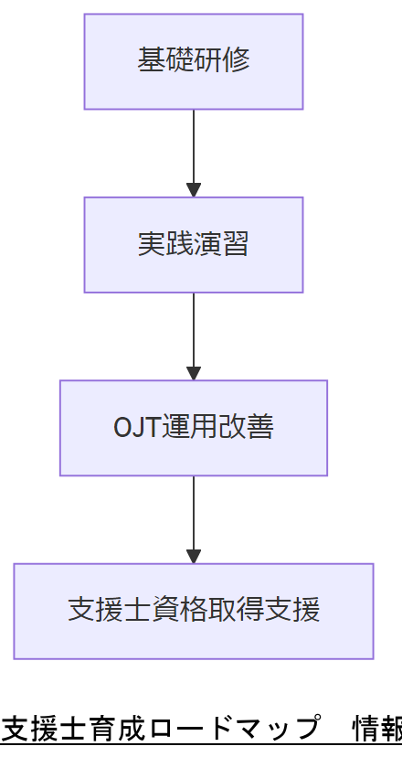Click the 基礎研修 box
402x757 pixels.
coord(194,61)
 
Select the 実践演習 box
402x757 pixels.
coord(194,245)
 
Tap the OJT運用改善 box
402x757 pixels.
coord(194,428)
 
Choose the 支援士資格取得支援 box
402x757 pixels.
coord(194,611)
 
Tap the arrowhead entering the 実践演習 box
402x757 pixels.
coord(194,190)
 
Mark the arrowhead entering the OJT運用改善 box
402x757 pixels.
coord(194,373)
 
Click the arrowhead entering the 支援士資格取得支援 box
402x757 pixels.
coord(194,556)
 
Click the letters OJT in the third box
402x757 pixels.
coord(135,428)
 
